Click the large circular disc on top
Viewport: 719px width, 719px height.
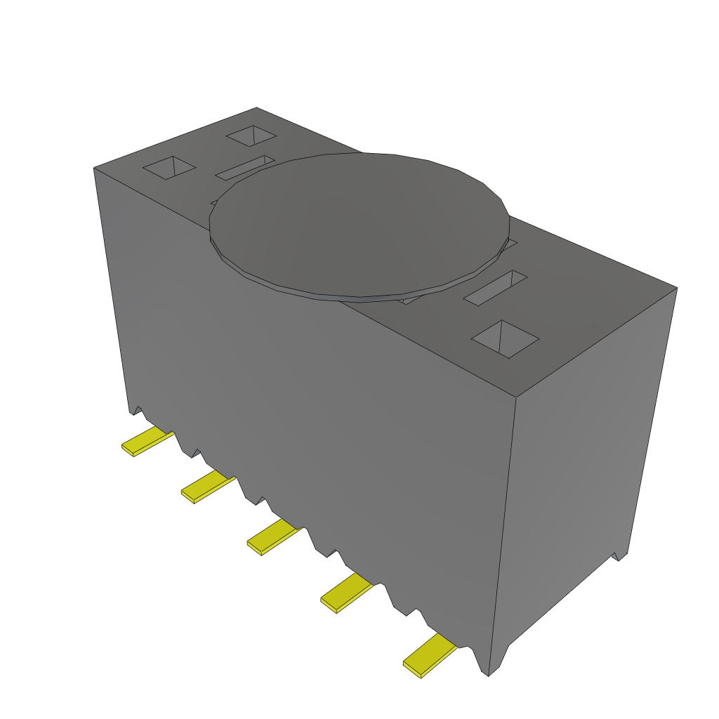point(358,221)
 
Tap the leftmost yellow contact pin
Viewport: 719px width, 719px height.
point(147,442)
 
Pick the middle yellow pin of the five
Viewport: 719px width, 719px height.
point(273,538)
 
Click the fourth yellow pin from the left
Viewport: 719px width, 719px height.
point(346,592)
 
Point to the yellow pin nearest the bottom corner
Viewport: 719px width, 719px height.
point(428,655)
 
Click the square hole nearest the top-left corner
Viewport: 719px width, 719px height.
point(169,168)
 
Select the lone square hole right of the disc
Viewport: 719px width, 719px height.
point(505,339)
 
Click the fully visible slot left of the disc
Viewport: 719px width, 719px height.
point(244,168)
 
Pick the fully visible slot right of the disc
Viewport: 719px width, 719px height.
point(495,288)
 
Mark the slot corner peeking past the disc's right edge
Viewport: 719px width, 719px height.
point(511,244)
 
